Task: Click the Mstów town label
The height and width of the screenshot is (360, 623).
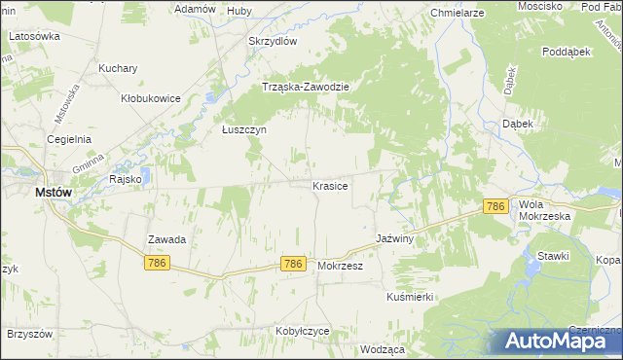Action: click(54, 193)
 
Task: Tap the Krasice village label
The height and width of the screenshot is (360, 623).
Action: click(330, 185)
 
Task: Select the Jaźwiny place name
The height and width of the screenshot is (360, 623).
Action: click(395, 238)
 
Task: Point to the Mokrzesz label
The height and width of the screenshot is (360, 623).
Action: click(340, 265)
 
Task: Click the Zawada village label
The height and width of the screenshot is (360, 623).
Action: click(166, 238)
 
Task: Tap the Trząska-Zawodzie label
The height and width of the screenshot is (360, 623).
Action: click(306, 86)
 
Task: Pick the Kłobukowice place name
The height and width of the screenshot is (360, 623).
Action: click(150, 98)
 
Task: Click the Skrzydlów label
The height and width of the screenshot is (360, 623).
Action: click(272, 41)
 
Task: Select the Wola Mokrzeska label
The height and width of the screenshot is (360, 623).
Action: click(544, 209)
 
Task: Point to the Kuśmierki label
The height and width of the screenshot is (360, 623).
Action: click(410, 296)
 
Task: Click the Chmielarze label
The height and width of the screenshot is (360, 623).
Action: click(458, 14)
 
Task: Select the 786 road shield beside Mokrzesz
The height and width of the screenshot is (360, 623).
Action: click(294, 264)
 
